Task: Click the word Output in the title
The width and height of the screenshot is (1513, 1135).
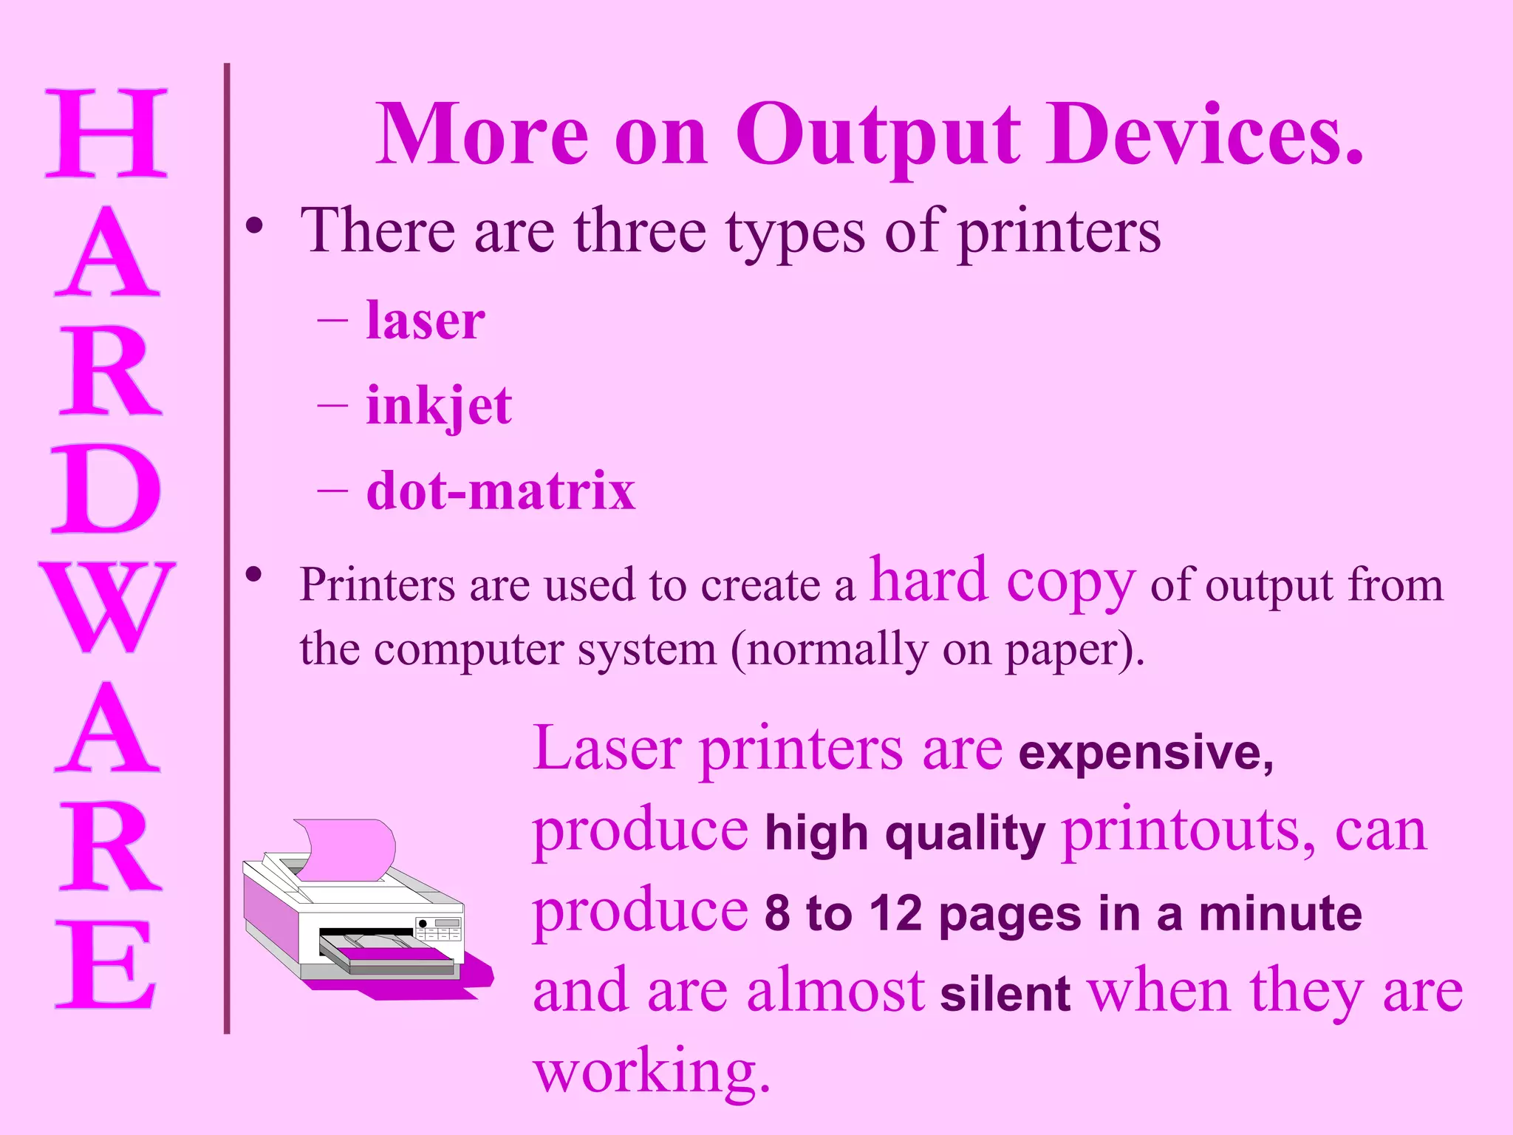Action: point(877,137)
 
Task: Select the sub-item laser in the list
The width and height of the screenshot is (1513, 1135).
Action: point(426,321)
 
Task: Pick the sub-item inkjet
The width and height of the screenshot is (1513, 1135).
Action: point(439,406)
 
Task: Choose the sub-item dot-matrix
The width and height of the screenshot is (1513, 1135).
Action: point(501,491)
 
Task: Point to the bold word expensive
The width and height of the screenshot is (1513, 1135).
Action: point(1145,753)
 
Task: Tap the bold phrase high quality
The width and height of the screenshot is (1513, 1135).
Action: point(905,834)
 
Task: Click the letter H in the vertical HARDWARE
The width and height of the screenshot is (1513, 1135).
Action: point(106,133)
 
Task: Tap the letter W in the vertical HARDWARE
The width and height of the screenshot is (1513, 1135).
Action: point(108,606)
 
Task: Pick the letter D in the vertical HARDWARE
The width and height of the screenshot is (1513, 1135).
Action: point(106,489)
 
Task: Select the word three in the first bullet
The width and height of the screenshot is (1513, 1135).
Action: point(640,231)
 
